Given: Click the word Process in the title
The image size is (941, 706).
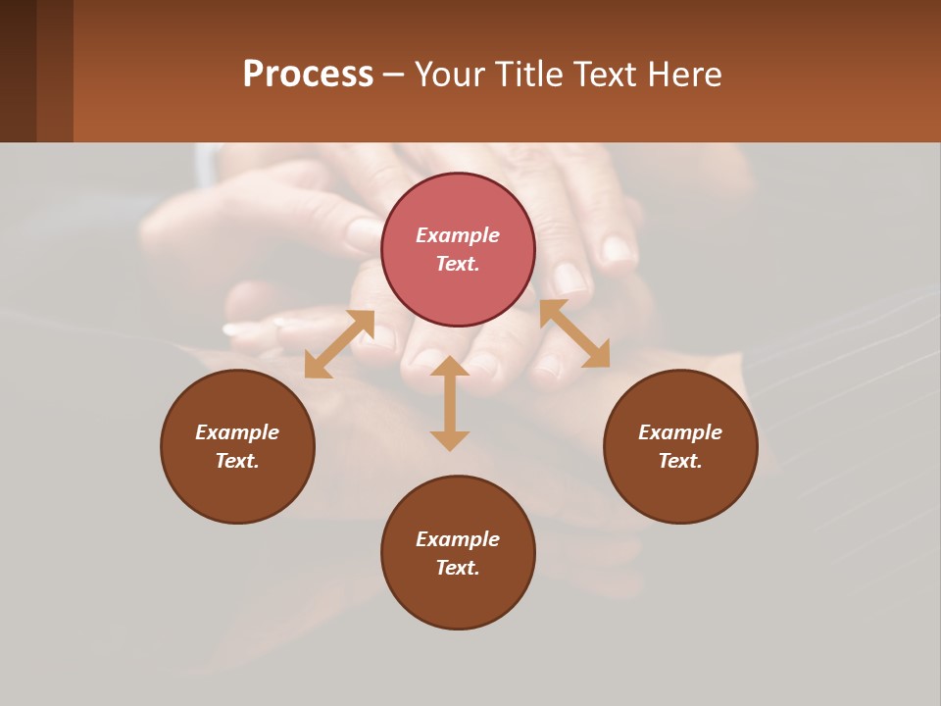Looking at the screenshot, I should [x=308, y=75].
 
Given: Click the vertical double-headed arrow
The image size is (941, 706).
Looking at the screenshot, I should [x=450, y=403].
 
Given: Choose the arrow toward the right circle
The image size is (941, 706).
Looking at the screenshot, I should [x=575, y=333].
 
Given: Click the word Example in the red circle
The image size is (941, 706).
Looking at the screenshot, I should [x=458, y=235].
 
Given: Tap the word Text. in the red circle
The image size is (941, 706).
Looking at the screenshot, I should [x=458, y=264].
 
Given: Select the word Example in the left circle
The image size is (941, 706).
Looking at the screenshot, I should [x=237, y=432].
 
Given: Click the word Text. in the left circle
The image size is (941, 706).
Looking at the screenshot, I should [x=237, y=461].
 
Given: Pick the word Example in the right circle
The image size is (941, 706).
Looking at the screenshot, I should [x=680, y=432].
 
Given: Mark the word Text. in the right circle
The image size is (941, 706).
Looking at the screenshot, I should [x=680, y=461].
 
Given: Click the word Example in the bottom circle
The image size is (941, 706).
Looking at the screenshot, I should [x=458, y=539].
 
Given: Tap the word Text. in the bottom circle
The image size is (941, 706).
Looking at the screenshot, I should [x=458, y=568].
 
